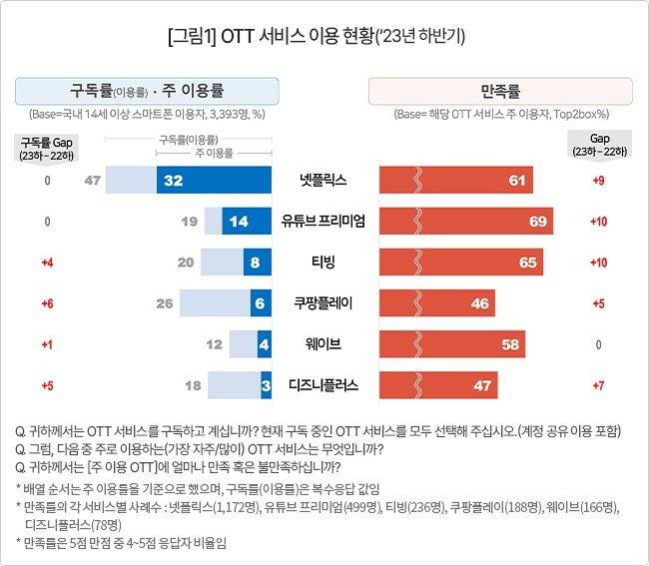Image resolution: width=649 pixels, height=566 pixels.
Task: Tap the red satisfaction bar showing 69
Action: coord(466,221)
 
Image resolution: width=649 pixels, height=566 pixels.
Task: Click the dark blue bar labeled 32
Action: coord(214,181)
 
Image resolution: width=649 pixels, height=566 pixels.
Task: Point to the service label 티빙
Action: coord(324,263)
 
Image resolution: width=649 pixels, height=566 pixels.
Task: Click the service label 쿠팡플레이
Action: coord(324,302)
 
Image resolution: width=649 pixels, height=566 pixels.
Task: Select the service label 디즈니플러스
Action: coord(324,383)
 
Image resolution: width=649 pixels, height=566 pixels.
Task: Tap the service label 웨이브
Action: coord(324,343)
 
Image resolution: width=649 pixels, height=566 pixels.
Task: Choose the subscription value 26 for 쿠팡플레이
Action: coord(165,302)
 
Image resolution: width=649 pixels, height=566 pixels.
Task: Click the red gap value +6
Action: coord(46,302)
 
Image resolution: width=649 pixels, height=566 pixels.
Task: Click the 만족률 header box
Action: coord(500,91)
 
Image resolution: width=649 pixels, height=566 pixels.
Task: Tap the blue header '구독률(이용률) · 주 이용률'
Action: coord(146,91)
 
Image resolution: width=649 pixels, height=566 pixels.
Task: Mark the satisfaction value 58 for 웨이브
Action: coord(509,343)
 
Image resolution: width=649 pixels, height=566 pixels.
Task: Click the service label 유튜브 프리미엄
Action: coord(324,222)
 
